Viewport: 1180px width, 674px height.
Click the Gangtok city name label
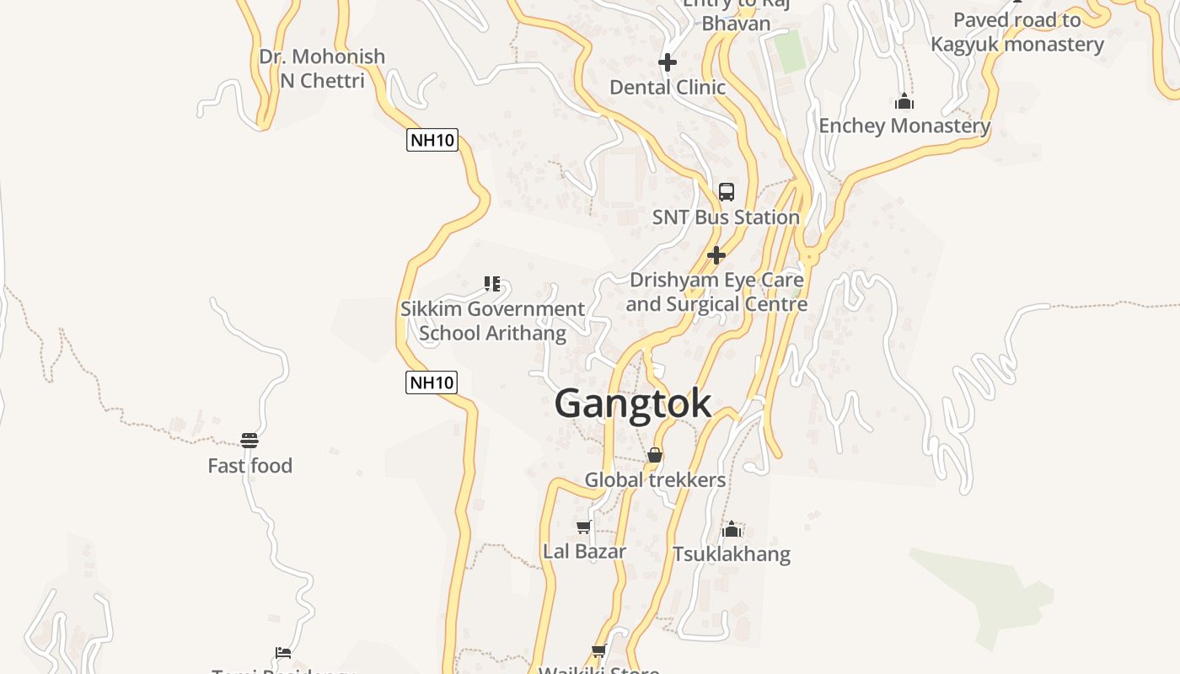(x=633, y=404)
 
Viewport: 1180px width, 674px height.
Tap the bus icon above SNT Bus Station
(x=727, y=191)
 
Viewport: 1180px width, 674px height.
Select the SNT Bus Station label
(x=726, y=217)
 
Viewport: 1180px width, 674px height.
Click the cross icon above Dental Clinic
(x=668, y=62)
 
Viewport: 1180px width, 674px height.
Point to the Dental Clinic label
(x=668, y=88)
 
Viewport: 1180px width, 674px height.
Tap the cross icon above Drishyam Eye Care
(x=716, y=254)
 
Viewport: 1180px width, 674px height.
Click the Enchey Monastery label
(x=904, y=126)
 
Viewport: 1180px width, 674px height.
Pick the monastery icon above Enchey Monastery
(x=904, y=102)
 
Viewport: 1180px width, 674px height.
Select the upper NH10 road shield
(x=432, y=140)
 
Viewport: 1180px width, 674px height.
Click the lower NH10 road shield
(x=432, y=382)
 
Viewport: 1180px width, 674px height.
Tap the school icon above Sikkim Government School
(x=492, y=284)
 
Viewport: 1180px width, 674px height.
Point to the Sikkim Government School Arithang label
(x=492, y=321)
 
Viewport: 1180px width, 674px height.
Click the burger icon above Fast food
(x=249, y=440)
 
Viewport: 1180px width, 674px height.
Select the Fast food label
(x=250, y=466)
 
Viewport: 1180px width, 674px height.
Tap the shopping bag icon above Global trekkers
(x=655, y=455)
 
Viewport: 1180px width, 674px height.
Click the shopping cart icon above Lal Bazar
(x=583, y=527)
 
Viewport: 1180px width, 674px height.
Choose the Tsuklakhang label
(x=732, y=554)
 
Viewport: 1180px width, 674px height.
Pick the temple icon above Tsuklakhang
(x=732, y=529)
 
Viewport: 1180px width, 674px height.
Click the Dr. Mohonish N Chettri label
(x=322, y=69)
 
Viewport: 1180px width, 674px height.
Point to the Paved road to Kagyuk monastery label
(x=1017, y=32)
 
